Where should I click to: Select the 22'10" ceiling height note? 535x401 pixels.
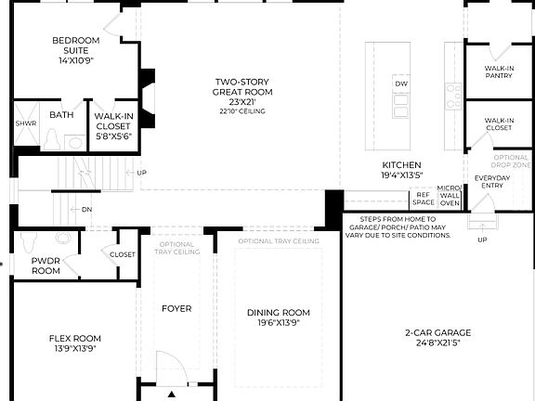point(241,111)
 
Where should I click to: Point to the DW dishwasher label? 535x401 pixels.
point(401,84)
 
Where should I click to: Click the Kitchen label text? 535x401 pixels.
point(401,169)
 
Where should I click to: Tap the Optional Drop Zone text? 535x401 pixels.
point(511,162)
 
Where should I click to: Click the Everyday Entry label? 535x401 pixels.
point(492,182)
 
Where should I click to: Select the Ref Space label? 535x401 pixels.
point(424,199)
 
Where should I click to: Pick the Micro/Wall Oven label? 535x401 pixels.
point(450,195)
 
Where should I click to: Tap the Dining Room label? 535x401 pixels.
point(278,317)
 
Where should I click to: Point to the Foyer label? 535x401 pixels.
point(176,308)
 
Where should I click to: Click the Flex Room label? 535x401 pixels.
point(75,343)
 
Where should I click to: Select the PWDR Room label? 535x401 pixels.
point(46,265)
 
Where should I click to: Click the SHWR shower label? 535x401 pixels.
point(25,123)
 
